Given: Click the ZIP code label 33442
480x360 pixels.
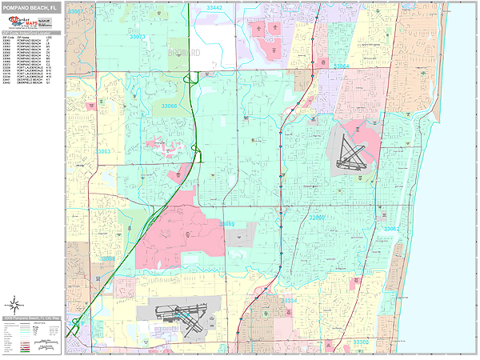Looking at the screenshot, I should (x=214, y=6).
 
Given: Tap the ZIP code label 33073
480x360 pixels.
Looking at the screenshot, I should (x=138, y=37).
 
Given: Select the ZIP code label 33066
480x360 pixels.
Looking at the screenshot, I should (x=169, y=106).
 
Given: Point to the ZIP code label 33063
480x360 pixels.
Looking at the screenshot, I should (x=104, y=150).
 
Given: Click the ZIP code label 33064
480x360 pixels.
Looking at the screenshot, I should (x=342, y=66).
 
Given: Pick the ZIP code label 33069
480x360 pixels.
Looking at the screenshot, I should (x=227, y=224).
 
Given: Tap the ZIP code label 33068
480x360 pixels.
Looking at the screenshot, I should (x=107, y=258).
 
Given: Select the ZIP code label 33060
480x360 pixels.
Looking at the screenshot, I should (x=318, y=217).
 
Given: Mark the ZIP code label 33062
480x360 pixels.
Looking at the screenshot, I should (x=391, y=229).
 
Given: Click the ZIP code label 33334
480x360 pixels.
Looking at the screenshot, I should (x=290, y=300).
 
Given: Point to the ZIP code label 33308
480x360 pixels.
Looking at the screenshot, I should (x=362, y=342).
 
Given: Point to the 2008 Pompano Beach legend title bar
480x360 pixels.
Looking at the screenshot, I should (x=32, y=318).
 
